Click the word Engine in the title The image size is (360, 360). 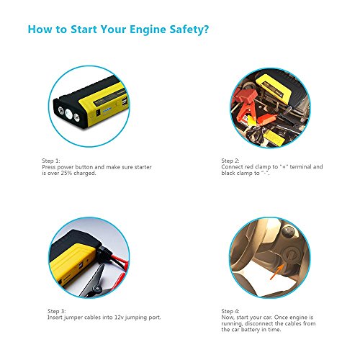pyautogui.click(x=148, y=30)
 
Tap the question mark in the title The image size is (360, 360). pyautogui.click(x=206, y=29)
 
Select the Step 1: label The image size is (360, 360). pyautogui.click(x=51, y=161)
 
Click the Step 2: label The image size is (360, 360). pyautogui.click(x=230, y=161)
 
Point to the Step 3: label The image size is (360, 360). pyautogui.click(x=56, y=311)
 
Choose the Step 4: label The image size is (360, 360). pyautogui.click(x=230, y=311)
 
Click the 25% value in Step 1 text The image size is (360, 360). pyautogui.click(x=66, y=173)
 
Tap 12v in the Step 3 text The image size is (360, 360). pyautogui.click(x=119, y=318)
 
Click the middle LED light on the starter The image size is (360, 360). pyautogui.click(x=68, y=114)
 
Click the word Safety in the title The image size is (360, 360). pyautogui.click(x=186, y=30)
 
